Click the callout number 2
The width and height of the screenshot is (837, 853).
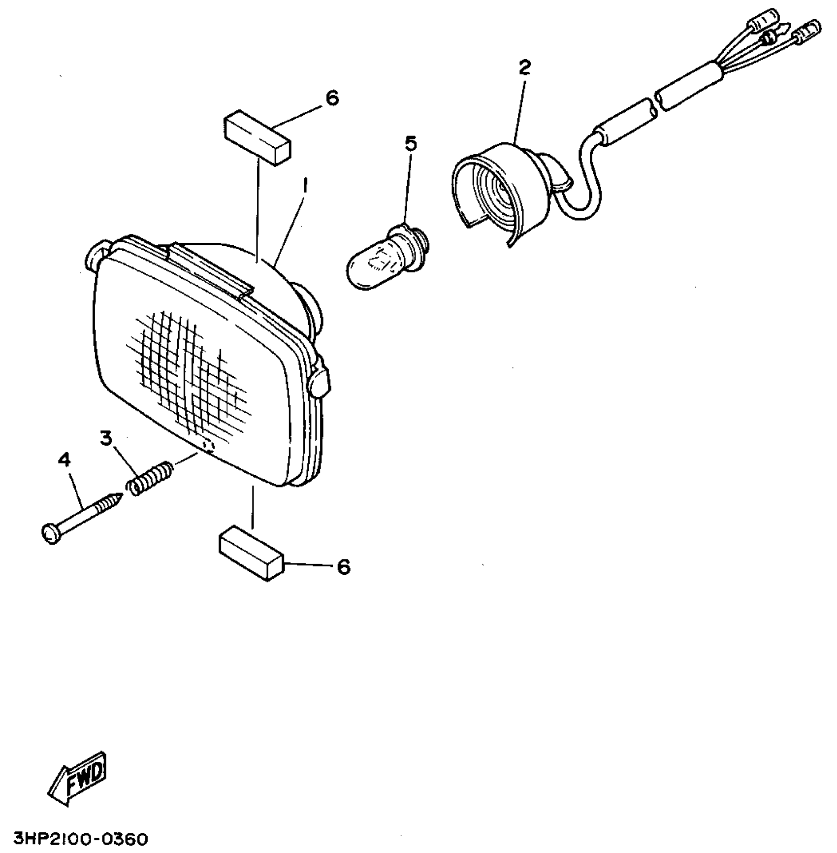(525, 67)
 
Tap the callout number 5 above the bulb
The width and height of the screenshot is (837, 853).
(411, 143)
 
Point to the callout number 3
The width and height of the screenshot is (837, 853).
(106, 438)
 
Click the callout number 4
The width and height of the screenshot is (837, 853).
(64, 460)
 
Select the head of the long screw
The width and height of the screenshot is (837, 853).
(50, 534)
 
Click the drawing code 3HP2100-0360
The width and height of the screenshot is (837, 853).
(74, 838)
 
